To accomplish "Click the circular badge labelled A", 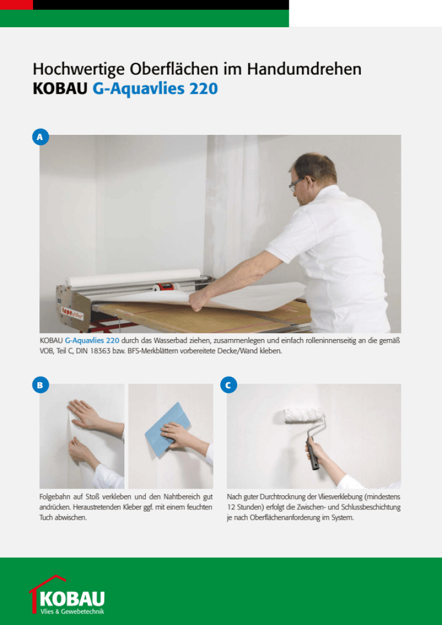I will (x=40, y=137).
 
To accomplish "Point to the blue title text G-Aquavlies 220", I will (x=155, y=89).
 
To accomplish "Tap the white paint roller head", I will (x=303, y=415).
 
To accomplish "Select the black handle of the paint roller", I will (x=314, y=454).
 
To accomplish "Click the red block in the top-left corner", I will (x=16, y=5).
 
